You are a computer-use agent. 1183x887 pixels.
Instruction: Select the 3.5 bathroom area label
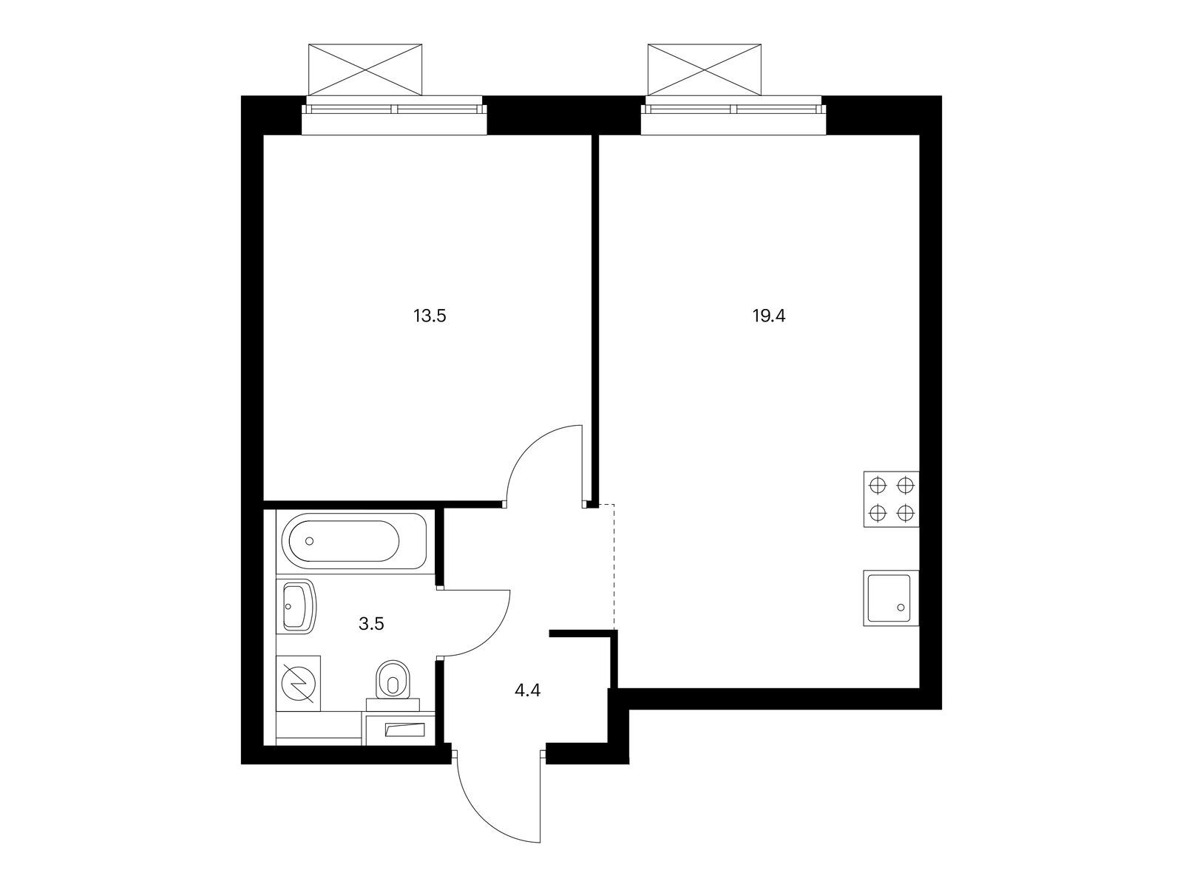(371, 624)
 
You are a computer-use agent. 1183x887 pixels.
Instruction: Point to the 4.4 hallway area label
(527, 690)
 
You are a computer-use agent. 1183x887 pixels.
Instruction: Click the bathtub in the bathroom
(351, 541)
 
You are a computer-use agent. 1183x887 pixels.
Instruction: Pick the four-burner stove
(892, 499)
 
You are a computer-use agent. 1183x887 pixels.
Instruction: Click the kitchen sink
(892, 598)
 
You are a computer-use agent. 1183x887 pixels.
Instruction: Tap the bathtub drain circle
(309, 541)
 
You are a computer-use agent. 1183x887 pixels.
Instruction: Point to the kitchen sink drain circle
(901, 608)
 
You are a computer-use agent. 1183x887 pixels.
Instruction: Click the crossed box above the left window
(365, 69)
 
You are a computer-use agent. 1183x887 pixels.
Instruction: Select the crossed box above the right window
(705, 69)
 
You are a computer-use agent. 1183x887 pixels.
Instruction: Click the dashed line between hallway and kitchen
(614, 566)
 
